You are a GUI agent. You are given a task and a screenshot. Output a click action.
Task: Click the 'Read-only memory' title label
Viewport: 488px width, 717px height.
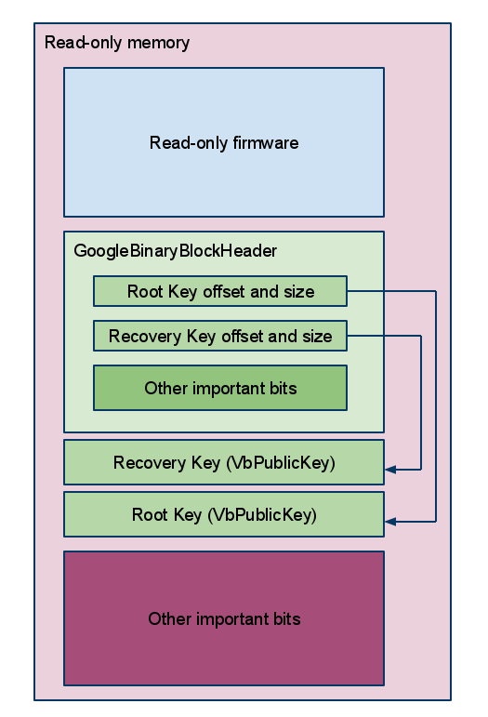pyautogui.click(x=117, y=43)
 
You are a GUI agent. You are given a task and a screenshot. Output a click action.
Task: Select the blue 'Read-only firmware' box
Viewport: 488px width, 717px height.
pyautogui.click(x=224, y=142)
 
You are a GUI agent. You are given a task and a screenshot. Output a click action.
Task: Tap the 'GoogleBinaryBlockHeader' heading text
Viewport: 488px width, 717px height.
pyautogui.click(x=175, y=250)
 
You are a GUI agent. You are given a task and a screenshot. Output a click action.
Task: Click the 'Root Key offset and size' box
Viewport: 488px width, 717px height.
pyautogui.click(x=220, y=291)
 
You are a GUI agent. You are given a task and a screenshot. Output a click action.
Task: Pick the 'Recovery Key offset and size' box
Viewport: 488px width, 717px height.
pyautogui.click(x=220, y=336)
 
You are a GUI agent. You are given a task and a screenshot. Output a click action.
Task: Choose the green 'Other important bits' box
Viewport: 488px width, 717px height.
pyautogui.click(x=220, y=388)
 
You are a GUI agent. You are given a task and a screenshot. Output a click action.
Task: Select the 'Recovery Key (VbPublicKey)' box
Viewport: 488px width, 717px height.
pyautogui.click(x=224, y=462)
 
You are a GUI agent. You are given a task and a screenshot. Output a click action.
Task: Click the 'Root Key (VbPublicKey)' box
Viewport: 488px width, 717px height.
pyautogui.click(x=224, y=514)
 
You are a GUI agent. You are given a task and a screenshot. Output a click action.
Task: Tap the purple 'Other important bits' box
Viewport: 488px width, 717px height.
pyautogui.click(x=224, y=618)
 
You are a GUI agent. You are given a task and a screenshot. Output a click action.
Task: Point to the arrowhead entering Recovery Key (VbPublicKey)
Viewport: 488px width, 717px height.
pyautogui.click(x=390, y=469)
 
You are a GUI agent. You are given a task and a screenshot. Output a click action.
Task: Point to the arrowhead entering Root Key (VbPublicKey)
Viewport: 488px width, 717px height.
pyautogui.click(x=390, y=522)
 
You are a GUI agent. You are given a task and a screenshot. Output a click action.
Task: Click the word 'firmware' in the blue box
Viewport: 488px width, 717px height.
pyautogui.click(x=266, y=142)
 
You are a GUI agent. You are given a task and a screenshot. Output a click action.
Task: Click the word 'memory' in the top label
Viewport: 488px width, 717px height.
pyautogui.click(x=159, y=44)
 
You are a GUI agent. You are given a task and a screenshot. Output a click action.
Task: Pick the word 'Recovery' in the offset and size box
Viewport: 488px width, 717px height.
pyautogui.click(x=145, y=337)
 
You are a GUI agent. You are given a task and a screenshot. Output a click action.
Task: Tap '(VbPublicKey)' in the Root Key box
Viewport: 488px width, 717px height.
pyautogui.click(x=262, y=515)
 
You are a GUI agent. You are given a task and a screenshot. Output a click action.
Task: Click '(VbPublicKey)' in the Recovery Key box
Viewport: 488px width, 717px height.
pyautogui.click(x=281, y=463)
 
